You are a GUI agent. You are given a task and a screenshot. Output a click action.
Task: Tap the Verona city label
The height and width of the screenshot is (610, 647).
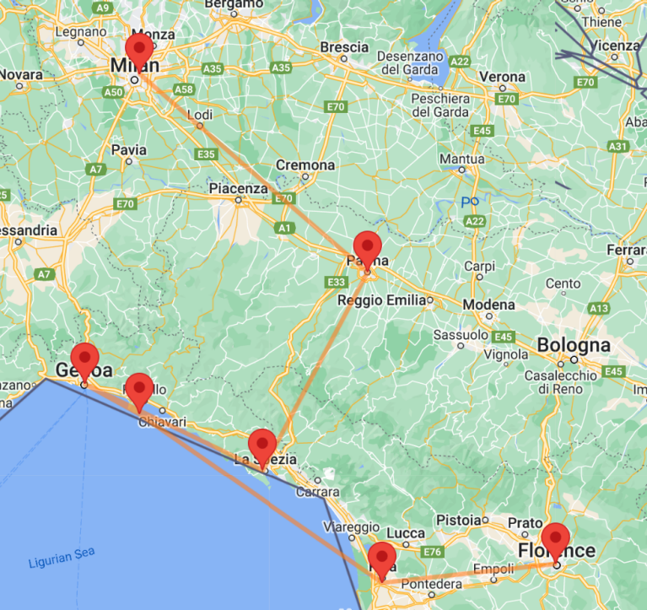pos(502,77)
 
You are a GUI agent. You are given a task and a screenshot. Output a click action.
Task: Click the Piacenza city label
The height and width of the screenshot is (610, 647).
pos(239,188)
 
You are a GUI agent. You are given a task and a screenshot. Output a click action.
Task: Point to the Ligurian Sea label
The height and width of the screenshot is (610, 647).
pos(61,555)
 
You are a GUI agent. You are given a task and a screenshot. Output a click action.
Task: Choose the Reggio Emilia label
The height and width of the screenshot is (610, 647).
pos(378,300)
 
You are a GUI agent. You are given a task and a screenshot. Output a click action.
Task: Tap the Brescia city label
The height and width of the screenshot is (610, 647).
pos(344,46)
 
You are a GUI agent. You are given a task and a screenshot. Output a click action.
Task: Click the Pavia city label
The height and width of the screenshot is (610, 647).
pos(129,150)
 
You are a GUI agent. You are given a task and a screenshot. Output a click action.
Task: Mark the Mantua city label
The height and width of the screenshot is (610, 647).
pos(462,159)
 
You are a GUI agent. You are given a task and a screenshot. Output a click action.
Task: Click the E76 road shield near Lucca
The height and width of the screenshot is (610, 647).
pos(434,552)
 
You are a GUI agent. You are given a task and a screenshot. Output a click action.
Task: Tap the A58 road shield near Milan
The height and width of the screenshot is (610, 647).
pos(183,89)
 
